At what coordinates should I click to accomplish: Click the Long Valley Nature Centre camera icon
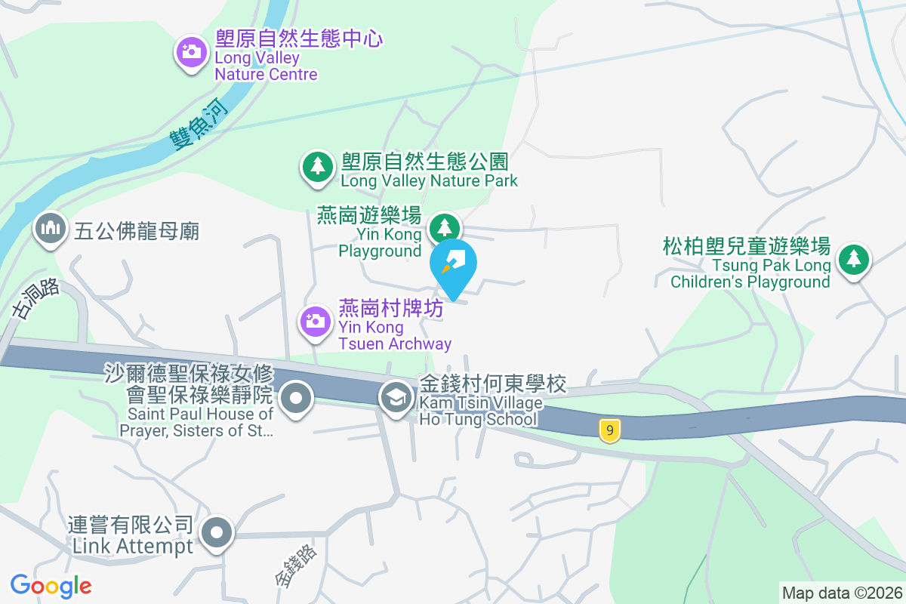point(192,52)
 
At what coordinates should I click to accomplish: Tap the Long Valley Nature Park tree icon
point(318,166)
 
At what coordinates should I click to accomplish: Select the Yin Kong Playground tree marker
point(445,227)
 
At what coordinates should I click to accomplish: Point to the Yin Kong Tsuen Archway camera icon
point(316,322)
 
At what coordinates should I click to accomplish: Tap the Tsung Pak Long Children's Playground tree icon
point(854,260)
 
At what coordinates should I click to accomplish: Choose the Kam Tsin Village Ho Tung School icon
point(395,396)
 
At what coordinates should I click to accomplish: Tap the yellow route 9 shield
point(610,430)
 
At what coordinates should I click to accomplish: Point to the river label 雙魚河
point(199,125)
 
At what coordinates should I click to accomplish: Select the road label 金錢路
point(296,565)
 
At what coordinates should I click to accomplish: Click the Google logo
point(51,585)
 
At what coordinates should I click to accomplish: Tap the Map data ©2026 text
point(842,593)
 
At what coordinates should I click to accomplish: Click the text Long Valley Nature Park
point(429,180)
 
